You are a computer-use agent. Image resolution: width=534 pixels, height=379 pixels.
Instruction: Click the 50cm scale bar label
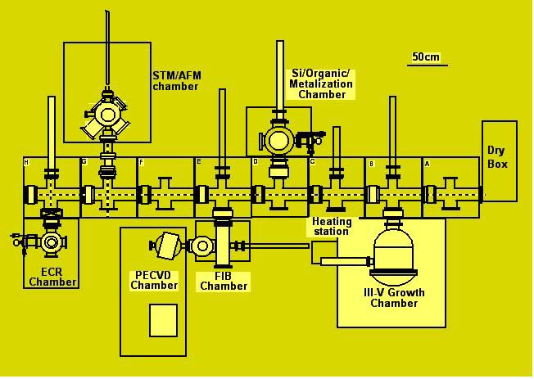(426, 56)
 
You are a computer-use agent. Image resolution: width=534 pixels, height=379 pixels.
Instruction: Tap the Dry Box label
(497, 157)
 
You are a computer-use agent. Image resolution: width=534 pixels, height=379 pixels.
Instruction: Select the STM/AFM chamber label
(176, 81)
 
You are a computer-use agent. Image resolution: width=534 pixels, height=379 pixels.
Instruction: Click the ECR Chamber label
(52, 277)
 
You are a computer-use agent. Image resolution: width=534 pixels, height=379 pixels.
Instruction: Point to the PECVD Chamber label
(154, 280)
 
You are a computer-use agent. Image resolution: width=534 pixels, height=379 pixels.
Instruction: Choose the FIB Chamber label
(224, 282)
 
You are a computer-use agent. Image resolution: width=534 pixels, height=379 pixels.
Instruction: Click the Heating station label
(332, 227)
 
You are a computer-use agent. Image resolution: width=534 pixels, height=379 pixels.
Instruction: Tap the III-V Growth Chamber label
(394, 298)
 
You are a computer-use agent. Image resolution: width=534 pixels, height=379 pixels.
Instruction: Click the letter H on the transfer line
(26, 162)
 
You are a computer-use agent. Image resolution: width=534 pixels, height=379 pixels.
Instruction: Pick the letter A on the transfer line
(427, 164)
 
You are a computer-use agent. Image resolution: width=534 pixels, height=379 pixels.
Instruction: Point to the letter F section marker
(142, 162)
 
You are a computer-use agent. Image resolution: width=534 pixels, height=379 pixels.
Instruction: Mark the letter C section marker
(313, 162)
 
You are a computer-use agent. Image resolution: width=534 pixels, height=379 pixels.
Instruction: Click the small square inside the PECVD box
(164, 320)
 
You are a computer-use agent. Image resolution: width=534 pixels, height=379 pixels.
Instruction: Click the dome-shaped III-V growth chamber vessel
(394, 252)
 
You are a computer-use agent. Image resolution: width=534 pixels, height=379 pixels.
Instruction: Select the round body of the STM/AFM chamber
(107, 114)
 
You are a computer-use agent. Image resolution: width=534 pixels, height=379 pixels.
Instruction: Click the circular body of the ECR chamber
(52, 242)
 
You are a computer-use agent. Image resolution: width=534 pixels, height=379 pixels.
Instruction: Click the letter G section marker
(84, 162)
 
